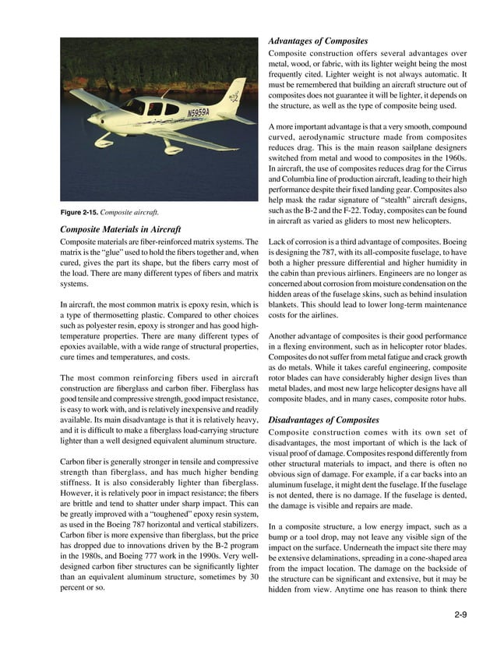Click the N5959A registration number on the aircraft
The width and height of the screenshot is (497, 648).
[x=199, y=114]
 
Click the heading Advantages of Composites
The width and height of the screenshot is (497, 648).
[x=318, y=41]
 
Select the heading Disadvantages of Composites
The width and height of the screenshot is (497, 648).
[x=324, y=420]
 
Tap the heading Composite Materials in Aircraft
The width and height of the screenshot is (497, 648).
[x=121, y=229]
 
